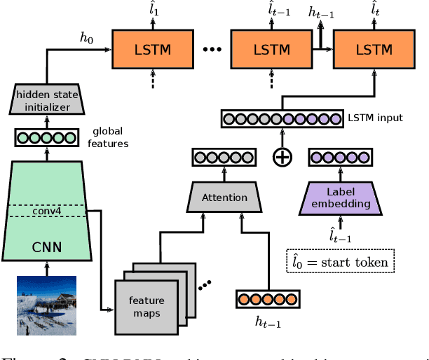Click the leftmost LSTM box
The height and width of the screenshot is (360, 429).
[151, 50]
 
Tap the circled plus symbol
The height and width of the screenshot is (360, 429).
[282, 158]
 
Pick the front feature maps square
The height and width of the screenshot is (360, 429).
[146, 306]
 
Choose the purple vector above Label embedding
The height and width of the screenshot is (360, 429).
[340, 158]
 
